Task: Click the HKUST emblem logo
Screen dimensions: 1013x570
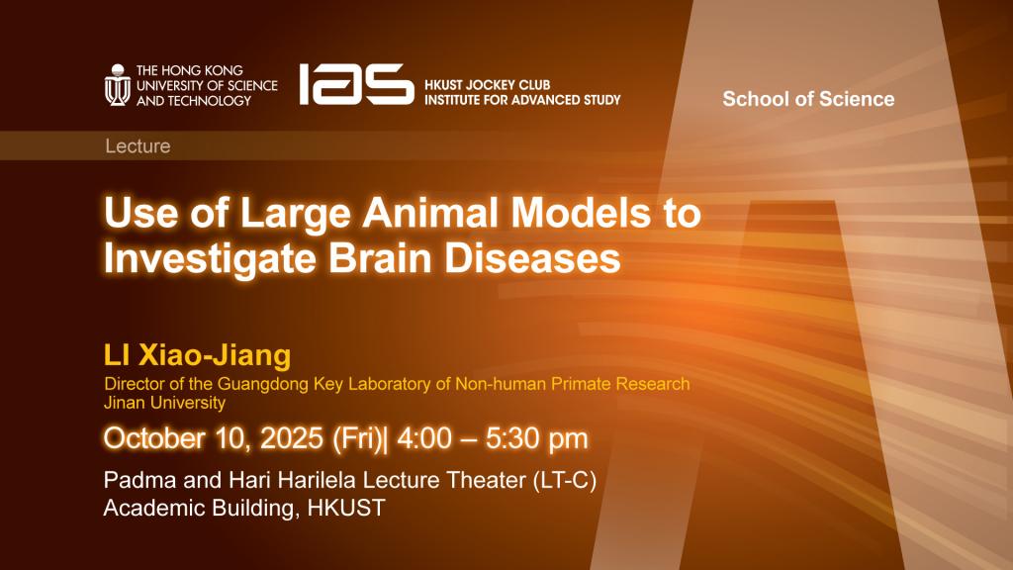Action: tap(118, 85)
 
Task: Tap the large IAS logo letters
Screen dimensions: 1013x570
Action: tap(356, 84)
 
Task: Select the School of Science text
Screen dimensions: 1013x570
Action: tap(808, 99)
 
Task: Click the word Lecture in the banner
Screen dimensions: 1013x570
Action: tap(138, 146)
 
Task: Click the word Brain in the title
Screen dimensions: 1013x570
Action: tap(379, 258)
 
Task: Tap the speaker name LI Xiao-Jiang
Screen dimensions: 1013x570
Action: tap(197, 355)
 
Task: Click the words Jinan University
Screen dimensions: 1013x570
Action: tap(165, 403)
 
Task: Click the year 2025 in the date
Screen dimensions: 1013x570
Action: tap(292, 438)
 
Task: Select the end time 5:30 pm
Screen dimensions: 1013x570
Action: tap(537, 438)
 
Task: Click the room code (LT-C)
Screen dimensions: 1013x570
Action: tap(565, 480)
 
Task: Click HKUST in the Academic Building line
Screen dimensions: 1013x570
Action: tap(346, 508)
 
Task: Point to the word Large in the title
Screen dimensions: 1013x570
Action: tap(295, 214)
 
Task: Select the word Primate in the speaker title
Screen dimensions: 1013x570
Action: tap(580, 384)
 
